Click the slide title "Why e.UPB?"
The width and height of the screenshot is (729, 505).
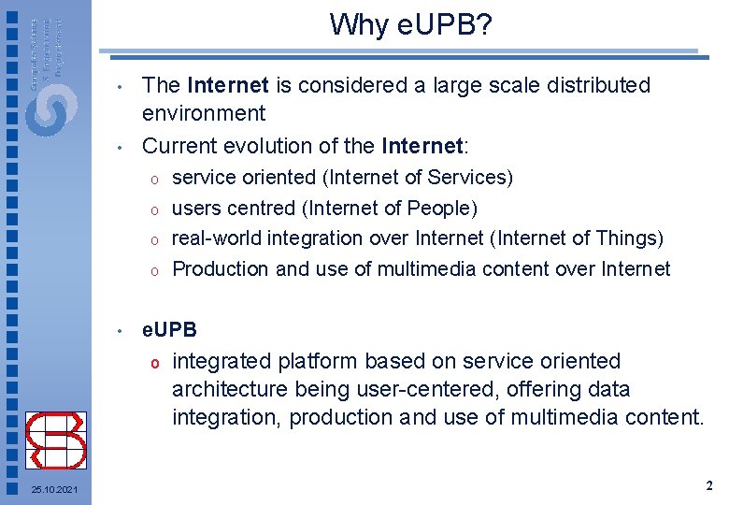410,24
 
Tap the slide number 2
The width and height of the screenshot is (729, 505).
708,486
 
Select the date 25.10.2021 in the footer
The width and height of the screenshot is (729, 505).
54,491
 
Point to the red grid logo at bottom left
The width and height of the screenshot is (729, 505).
55,440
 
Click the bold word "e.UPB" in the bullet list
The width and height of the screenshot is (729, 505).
169,329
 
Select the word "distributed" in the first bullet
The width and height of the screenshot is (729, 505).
596,85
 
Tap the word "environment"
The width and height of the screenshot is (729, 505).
204,114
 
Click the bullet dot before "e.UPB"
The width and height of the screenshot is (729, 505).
121,331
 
